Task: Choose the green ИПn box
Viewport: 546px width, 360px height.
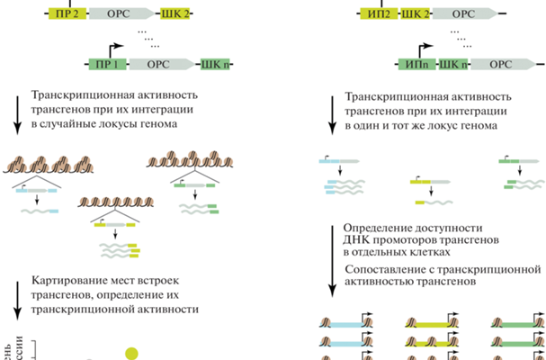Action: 417,65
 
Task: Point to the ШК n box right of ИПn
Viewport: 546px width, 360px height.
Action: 454,65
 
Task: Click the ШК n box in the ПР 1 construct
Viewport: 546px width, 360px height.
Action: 215,65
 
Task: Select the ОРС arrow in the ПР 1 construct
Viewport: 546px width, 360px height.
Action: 163,65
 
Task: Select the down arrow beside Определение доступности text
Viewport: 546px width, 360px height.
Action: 331,261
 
